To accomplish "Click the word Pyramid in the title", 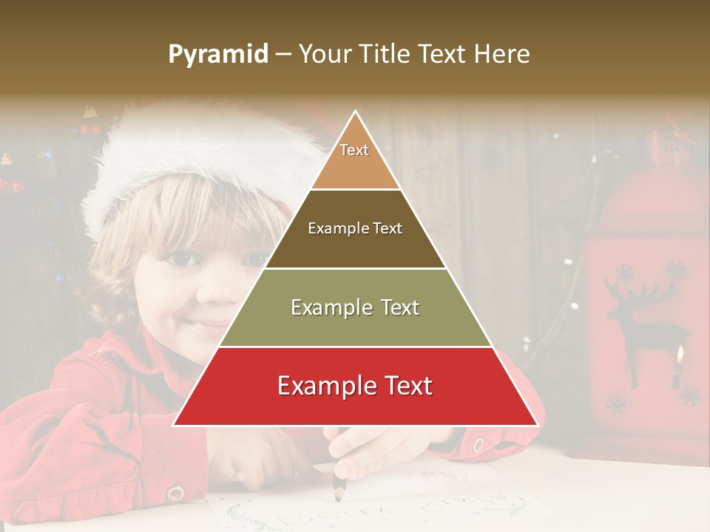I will coord(218,55).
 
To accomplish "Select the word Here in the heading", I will coord(503,55).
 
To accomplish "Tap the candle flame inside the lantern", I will coord(679,357).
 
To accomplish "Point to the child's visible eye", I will coord(182,259).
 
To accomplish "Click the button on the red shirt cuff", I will coord(175,493).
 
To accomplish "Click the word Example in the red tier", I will coord(322,386).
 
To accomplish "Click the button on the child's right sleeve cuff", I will coord(478,446).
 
